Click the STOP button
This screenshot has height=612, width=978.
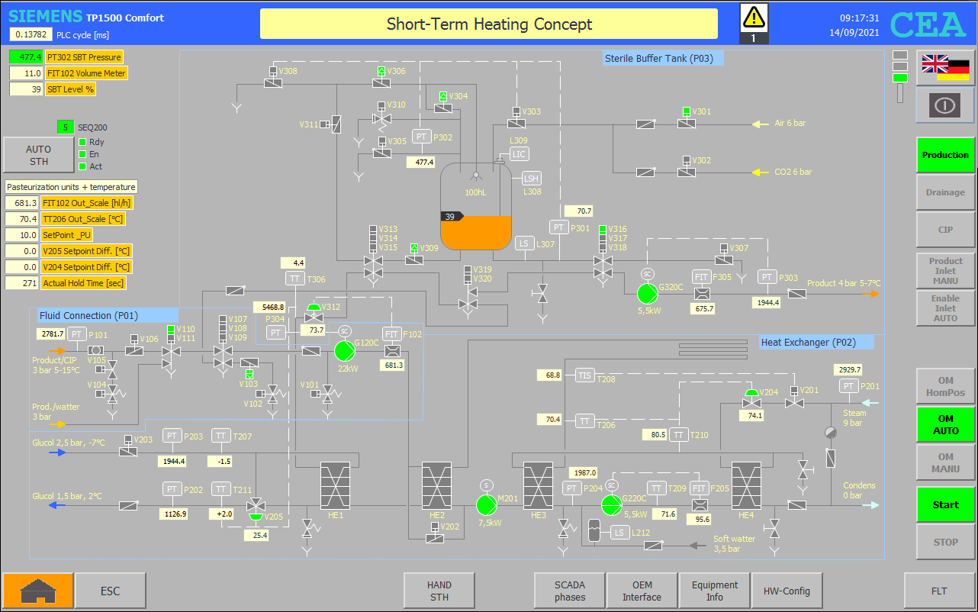coord(945,543)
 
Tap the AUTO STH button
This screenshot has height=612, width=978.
coord(39,155)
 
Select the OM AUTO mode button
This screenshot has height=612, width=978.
coord(945,424)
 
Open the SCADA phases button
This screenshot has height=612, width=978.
coord(569,591)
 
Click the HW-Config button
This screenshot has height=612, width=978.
coord(787,591)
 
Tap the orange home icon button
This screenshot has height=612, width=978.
coord(38,591)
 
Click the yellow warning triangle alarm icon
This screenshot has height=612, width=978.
coord(754,17)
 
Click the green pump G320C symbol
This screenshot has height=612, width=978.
coord(647,293)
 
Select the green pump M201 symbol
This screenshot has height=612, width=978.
coord(486,505)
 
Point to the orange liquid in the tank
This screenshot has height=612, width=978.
coord(475,233)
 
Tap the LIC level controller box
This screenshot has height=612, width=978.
coord(519,154)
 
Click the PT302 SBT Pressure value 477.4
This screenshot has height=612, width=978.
coord(26,57)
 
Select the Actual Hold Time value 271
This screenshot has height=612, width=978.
coord(21,283)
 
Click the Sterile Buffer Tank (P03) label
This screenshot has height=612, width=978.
coord(658,58)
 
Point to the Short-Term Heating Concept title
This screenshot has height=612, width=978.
coord(489,24)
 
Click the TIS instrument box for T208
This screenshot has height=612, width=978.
coord(585,375)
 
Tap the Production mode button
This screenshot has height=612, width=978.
coord(945,155)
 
